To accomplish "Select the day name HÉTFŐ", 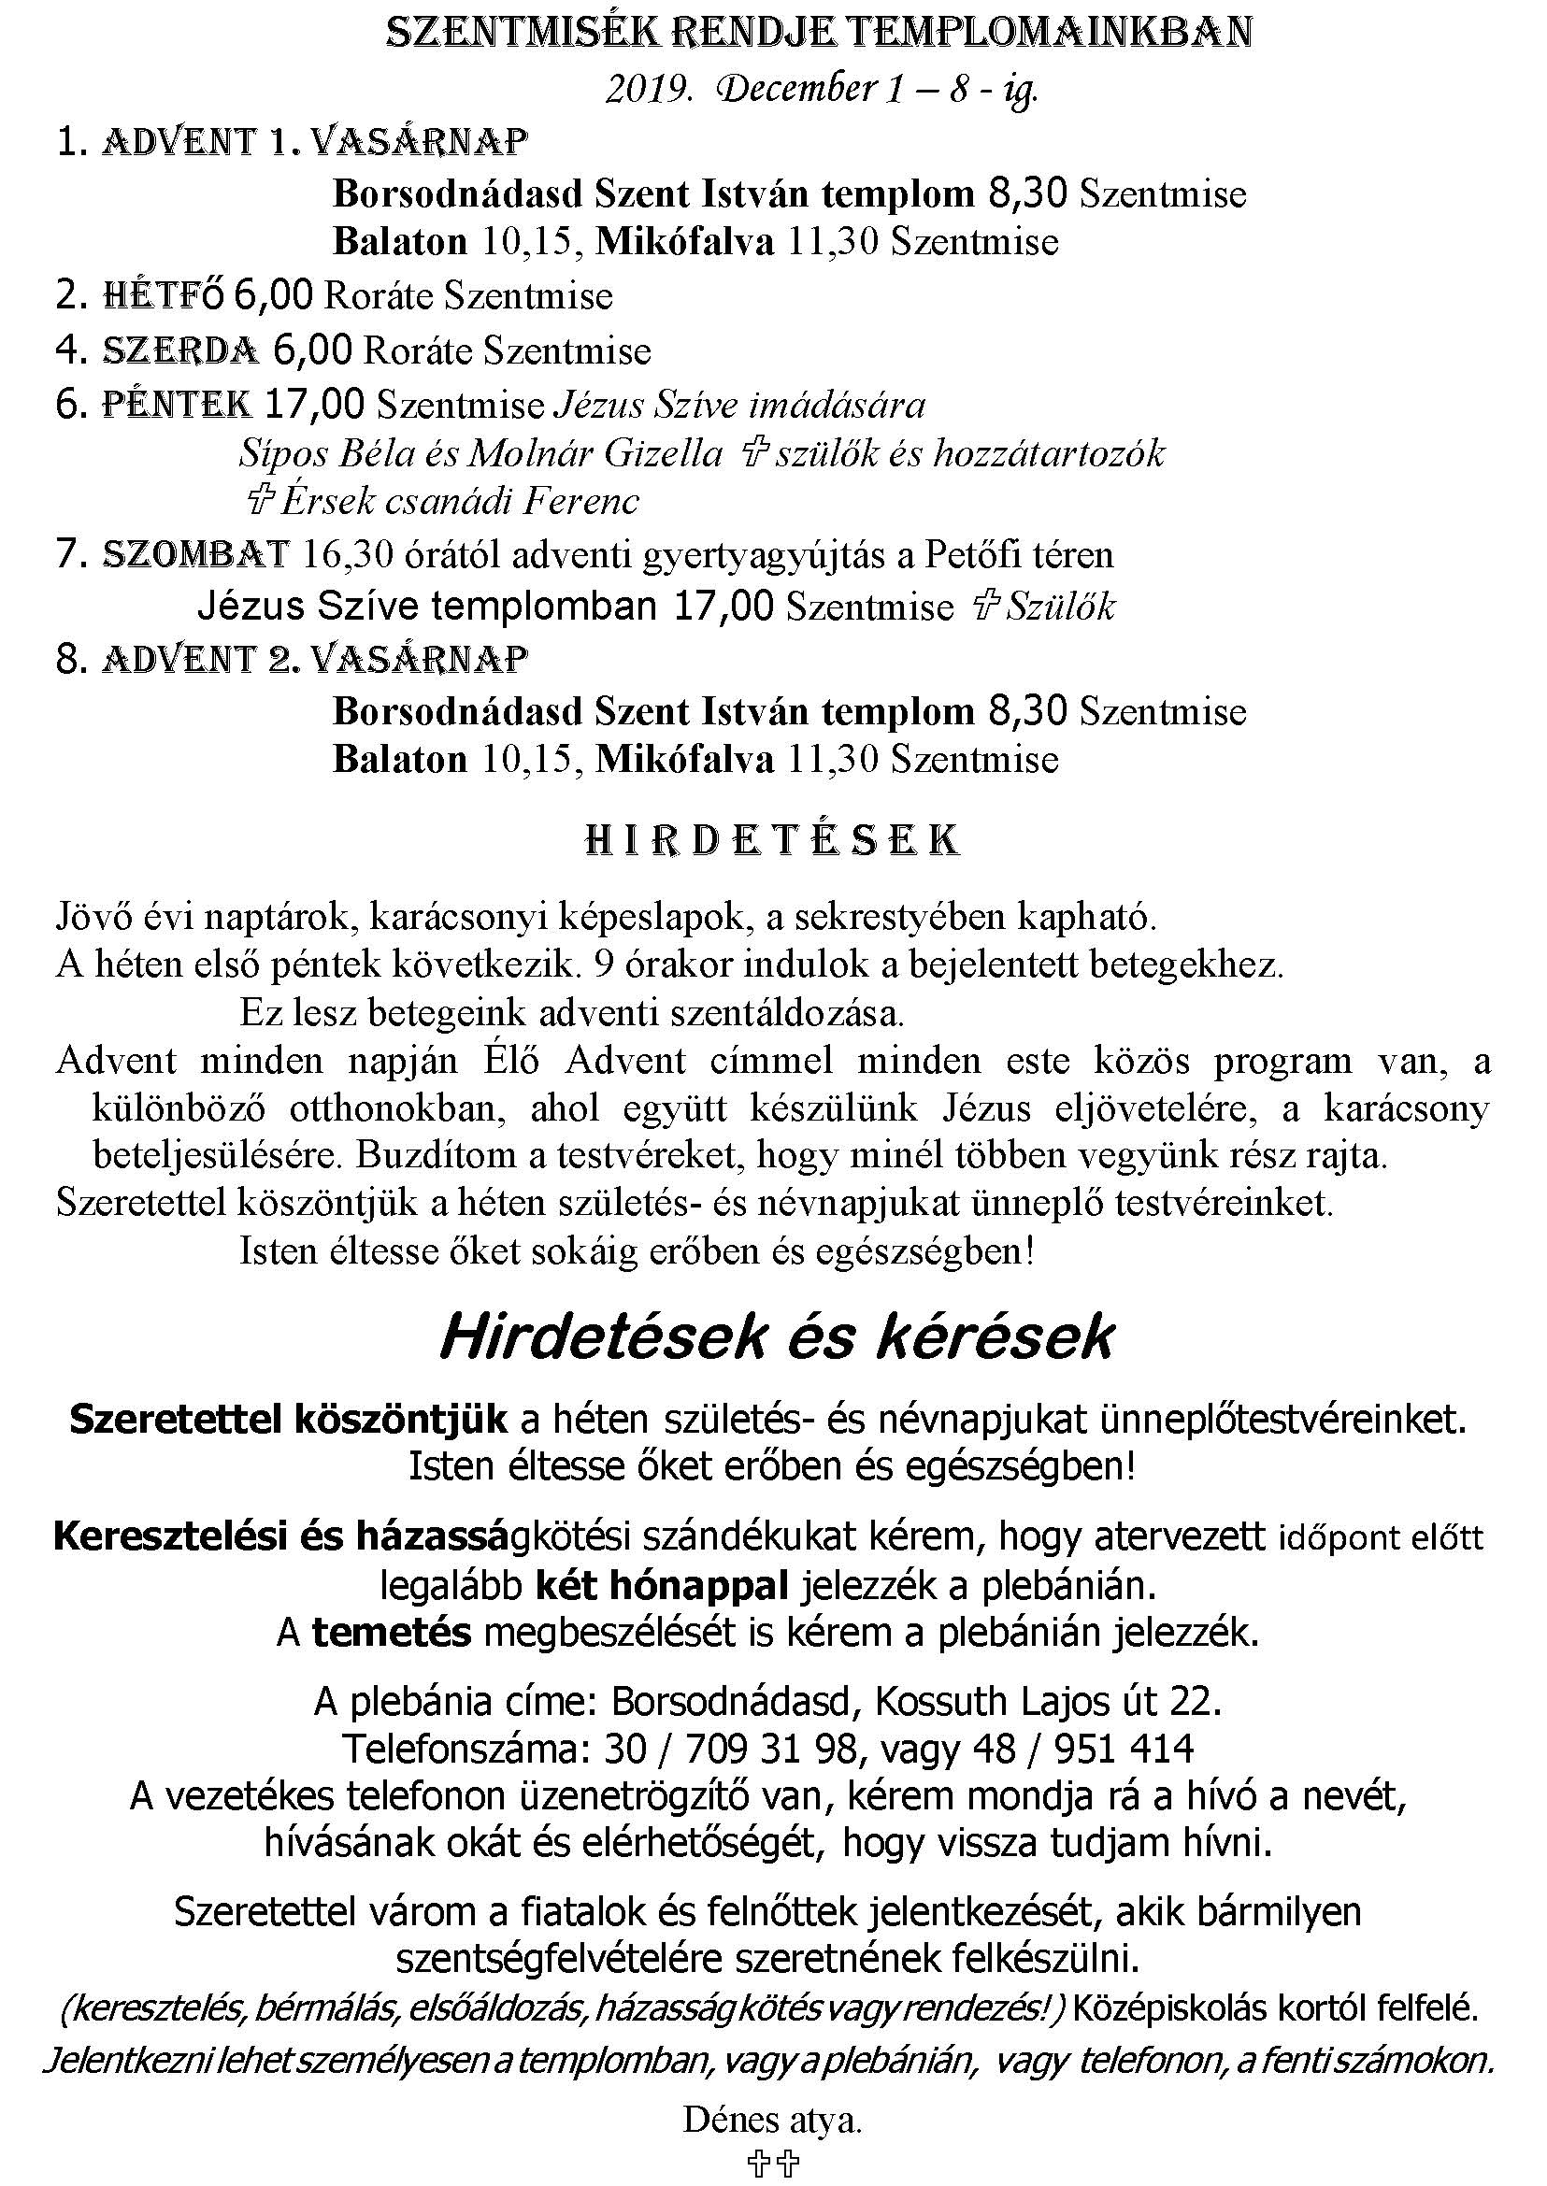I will tap(162, 296).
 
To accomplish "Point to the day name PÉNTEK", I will tap(178, 406).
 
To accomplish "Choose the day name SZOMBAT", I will tap(195, 554).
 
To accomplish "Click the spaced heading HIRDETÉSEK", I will tap(771, 840).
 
